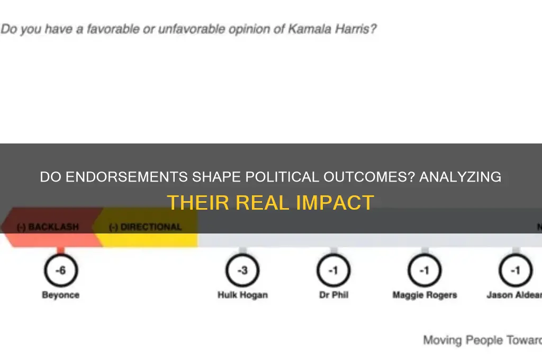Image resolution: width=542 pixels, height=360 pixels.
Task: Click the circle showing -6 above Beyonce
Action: tap(60, 271)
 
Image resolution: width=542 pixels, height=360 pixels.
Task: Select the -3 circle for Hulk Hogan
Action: tap(242, 271)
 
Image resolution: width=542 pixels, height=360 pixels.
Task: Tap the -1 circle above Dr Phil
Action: tap(333, 271)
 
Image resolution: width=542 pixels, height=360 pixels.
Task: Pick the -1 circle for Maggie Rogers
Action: tap(424, 271)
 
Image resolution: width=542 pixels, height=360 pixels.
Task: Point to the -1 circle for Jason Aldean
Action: tap(514, 271)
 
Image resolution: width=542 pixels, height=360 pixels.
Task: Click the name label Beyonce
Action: tap(60, 295)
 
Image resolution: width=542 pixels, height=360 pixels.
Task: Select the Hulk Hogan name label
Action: tap(242, 295)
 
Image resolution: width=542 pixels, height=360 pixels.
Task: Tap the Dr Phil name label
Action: tap(333, 295)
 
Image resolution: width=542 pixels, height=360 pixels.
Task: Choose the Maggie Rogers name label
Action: tap(424, 295)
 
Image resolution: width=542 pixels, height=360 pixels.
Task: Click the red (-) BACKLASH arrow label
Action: tap(48, 227)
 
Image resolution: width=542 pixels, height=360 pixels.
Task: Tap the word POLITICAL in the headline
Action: tap(273, 177)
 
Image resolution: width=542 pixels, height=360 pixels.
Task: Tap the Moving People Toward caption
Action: tap(482, 340)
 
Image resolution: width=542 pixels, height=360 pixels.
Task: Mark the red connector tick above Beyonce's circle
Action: tap(60, 251)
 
